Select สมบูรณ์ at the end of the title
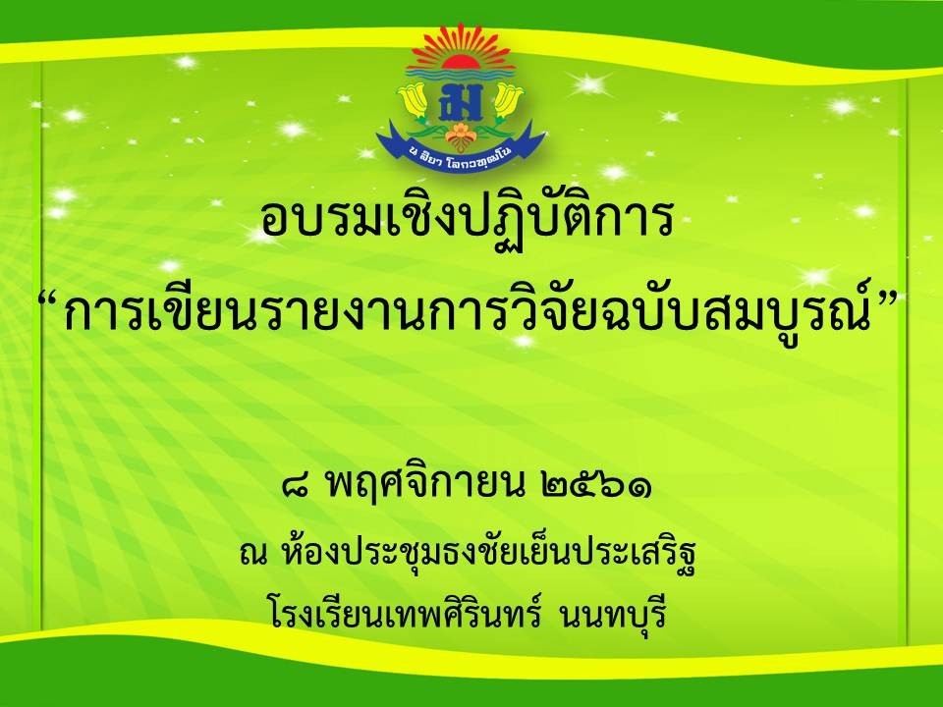click(794, 309)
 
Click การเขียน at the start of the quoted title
click(160, 309)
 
